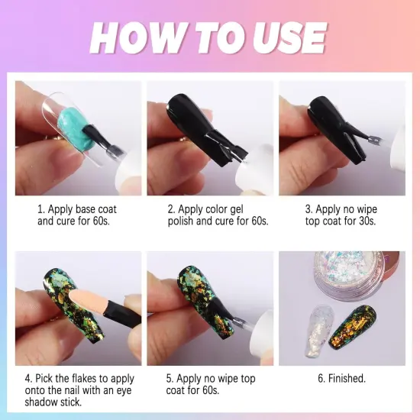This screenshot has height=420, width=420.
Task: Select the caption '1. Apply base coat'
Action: pyautogui.click(x=76, y=208)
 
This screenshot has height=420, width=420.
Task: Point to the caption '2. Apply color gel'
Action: pyautogui.click(x=208, y=208)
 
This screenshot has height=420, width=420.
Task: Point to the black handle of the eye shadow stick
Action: pyautogui.click(x=119, y=314)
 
